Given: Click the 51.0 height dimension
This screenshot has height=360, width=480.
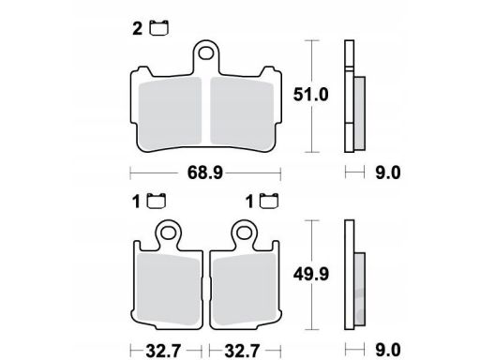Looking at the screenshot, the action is [x=310, y=95].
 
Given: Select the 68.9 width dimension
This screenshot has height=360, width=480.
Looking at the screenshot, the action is [x=205, y=172].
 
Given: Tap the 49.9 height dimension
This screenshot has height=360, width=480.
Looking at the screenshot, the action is [x=311, y=275].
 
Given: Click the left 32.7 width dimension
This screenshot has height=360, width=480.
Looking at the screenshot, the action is [x=163, y=351].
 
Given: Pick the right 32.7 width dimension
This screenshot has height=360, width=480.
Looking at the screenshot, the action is [x=242, y=351].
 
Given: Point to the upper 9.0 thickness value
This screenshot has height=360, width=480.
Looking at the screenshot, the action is [x=388, y=172].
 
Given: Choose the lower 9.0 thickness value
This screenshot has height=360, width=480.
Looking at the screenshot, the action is [x=388, y=351].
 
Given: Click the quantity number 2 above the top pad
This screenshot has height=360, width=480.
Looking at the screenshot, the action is [x=137, y=29].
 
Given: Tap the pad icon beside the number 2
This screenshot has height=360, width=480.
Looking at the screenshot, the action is [x=159, y=28].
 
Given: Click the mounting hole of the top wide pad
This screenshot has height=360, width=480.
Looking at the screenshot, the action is [x=206, y=53].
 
